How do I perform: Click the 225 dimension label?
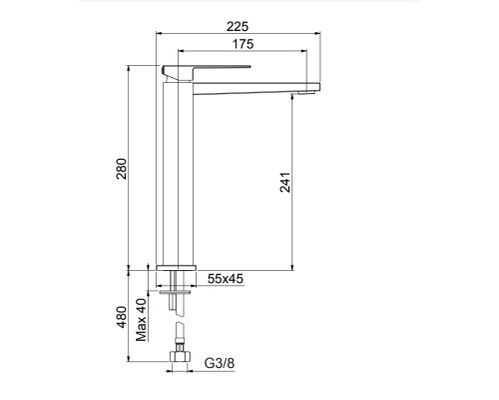(x=238, y=26)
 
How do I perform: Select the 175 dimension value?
(x=243, y=44)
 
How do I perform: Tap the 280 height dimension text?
(x=122, y=169)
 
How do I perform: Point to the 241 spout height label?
(x=285, y=182)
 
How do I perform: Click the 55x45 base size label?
(x=226, y=279)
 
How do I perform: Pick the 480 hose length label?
(x=122, y=317)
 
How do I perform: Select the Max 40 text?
(x=141, y=320)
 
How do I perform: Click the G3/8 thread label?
(x=220, y=363)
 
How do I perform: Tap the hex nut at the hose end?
(x=180, y=356)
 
